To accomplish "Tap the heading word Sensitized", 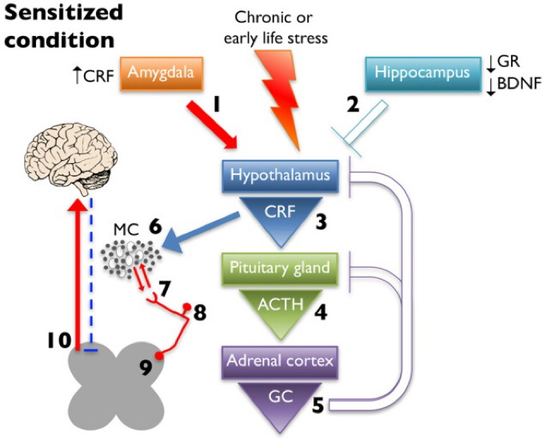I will (x=67, y=13).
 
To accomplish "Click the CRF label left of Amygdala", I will (x=94, y=75).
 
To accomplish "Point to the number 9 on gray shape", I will (x=146, y=367).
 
